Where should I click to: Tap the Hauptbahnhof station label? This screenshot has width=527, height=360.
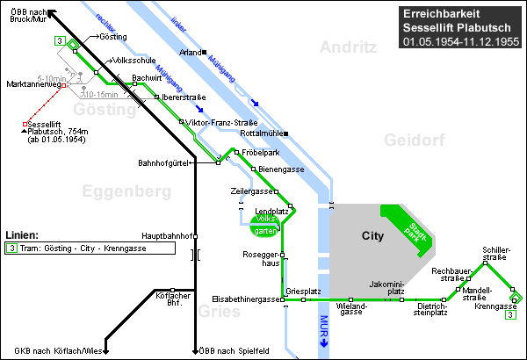pos(167,236)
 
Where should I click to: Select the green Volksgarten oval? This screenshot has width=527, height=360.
pos(265,225)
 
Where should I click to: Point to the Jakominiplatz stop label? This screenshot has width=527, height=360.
pos(386,288)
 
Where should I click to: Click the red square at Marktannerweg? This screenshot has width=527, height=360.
pos(63,85)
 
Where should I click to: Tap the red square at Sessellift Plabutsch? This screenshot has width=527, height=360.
pos(25,125)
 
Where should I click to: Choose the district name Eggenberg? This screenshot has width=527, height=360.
pos(126,191)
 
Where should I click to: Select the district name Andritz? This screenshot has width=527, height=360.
pos(348,47)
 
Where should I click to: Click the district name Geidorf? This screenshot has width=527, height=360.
pos(415,140)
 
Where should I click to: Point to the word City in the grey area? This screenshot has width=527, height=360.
pos(372,235)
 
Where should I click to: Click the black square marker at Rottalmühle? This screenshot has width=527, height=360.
pos(286,133)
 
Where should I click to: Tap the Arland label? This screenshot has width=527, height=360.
pos(191,53)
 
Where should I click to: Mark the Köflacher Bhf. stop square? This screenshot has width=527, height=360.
pos(172,290)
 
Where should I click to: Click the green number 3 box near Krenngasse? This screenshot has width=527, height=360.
pos(510,315)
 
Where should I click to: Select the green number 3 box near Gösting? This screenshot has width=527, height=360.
pos(60,41)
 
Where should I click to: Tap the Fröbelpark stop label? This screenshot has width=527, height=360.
pos(261,153)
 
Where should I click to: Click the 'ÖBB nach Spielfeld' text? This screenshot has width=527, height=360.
pos(234,351)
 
